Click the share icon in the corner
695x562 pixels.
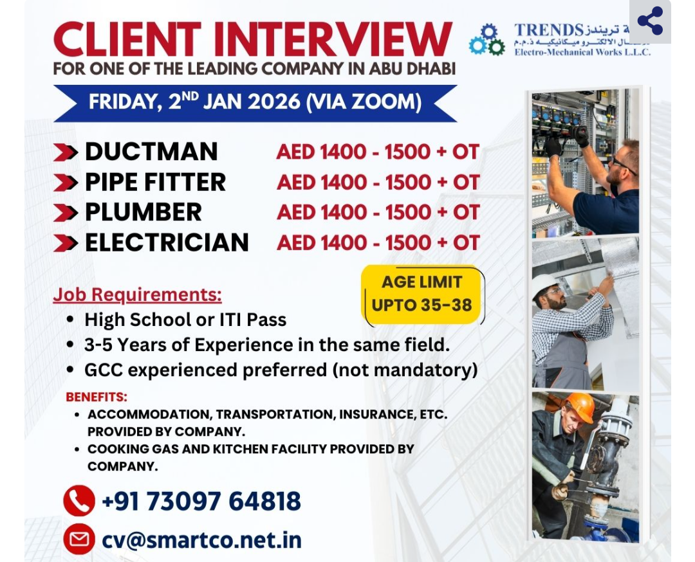pyautogui.click(x=650, y=21)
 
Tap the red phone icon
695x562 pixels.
pyautogui.click(x=79, y=501)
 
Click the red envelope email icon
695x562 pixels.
pyautogui.click(x=79, y=539)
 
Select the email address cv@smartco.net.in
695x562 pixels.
pyautogui.click(x=201, y=539)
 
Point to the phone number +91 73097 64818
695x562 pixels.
pyautogui.click(x=201, y=501)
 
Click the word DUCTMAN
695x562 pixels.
pyautogui.click(x=151, y=152)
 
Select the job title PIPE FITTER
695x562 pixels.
pyautogui.click(x=155, y=182)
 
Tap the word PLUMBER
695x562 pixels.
pyautogui.click(x=144, y=212)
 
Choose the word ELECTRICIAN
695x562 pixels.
pyautogui.click(x=167, y=242)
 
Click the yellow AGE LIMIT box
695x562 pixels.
pyautogui.click(x=422, y=293)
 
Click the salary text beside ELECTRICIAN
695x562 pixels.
pyautogui.click(x=378, y=242)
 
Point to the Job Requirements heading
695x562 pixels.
pyautogui.click(x=137, y=295)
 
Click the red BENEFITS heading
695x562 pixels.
pyautogui.click(x=97, y=396)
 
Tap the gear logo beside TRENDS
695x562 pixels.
pyautogui.click(x=487, y=40)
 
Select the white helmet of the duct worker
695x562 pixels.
pyautogui.click(x=544, y=284)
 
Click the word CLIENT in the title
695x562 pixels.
pyautogui.click(x=127, y=40)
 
